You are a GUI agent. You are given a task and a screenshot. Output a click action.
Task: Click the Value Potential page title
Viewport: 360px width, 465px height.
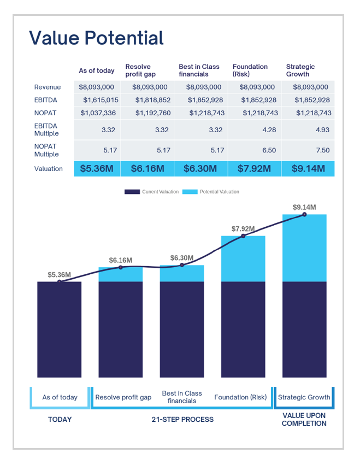pyautogui.click(x=96, y=38)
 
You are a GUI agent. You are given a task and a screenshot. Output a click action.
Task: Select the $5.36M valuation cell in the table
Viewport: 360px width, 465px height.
pyautogui.click(x=97, y=169)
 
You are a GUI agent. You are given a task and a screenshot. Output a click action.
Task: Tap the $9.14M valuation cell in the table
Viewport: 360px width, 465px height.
pyautogui.click(x=308, y=169)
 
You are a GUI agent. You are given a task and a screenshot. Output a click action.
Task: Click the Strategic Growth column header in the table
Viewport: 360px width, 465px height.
pyautogui.click(x=300, y=70)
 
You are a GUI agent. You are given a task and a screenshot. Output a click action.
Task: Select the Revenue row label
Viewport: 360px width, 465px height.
pyautogui.click(x=48, y=87)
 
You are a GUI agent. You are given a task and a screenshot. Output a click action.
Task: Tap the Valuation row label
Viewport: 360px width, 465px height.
pyautogui.click(x=48, y=169)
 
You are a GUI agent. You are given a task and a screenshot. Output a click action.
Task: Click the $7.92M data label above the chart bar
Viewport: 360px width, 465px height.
pyautogui.click(x=243, y=228)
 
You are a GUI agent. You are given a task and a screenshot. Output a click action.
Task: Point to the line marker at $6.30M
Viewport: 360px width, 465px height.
pyautogui.click(x=182, y=265)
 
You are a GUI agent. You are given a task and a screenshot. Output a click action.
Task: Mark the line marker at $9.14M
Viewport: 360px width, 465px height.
pyautogui.click(x=304, y=214)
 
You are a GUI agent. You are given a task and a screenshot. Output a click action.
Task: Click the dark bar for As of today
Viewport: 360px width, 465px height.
pyautogui.click(x=60, y=329)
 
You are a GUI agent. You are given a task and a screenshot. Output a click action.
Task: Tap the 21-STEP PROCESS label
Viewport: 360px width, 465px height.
pyautogui.click(x=182, y=420)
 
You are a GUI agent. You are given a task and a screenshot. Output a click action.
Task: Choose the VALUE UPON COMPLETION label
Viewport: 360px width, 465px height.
pyautogui.click(x=304, y=420)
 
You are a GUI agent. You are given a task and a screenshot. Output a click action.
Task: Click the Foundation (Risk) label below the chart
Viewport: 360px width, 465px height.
pyautogui.click(x=240, y=397)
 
